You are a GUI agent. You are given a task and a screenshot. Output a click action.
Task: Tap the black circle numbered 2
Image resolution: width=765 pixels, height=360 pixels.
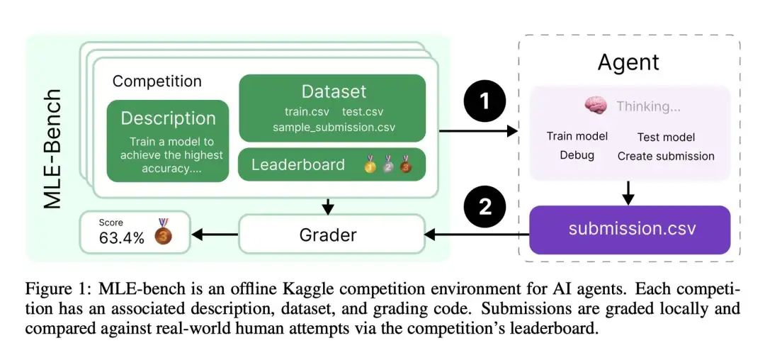click(485, 207)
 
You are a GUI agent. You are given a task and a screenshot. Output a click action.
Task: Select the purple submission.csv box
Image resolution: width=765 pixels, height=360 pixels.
click(630, 230)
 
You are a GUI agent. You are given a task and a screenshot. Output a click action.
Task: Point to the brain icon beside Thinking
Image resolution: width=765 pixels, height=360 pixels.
click(596, 106)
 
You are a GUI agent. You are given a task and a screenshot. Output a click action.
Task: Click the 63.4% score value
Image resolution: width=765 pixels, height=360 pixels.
click(121, 238)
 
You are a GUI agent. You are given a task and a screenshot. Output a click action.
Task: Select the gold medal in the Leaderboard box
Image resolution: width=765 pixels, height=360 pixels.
click(370, 166)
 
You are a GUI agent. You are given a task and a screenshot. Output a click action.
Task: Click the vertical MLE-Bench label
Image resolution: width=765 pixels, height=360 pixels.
click(54, 149)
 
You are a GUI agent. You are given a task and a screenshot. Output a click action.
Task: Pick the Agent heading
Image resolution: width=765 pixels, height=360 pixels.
click(628, 62)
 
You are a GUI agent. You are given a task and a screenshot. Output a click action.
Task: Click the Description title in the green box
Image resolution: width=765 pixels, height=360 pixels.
click(168, 118)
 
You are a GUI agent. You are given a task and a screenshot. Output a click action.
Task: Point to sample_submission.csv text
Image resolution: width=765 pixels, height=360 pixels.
click(334, 128)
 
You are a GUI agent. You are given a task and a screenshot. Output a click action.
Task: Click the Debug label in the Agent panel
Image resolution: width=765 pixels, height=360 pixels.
click(577, 155)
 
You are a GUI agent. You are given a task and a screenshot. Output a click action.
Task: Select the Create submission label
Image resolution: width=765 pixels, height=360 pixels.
click(665, 155)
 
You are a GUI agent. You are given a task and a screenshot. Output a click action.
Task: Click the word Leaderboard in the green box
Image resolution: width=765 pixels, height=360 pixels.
click(297, 165)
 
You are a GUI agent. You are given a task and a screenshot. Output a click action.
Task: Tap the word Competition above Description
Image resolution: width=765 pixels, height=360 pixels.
click(157, 81)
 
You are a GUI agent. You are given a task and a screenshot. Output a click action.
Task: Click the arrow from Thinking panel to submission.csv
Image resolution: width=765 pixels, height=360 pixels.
click(628, 191)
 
